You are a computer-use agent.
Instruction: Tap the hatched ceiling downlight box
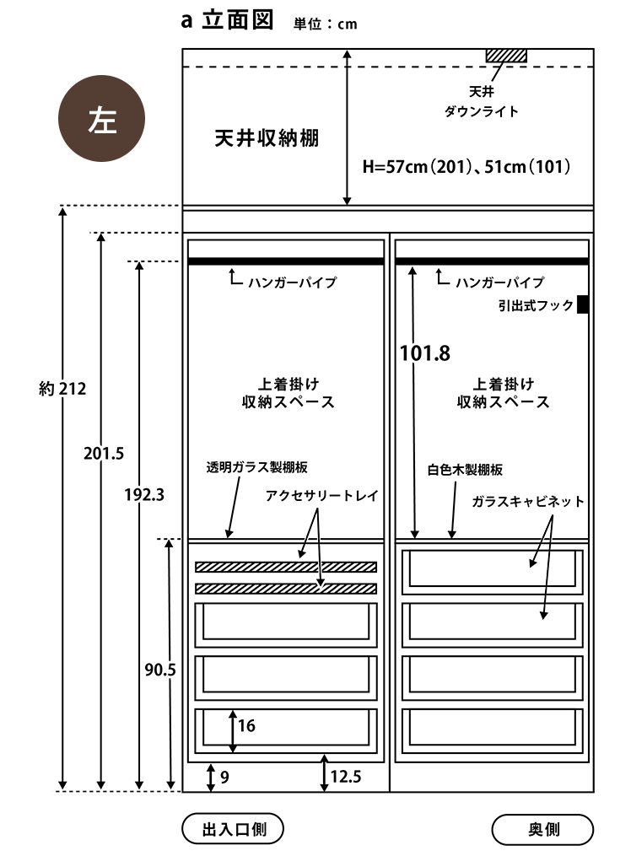[506, 56]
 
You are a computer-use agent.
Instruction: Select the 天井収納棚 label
[267, 139]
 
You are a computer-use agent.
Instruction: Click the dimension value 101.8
[425, 353]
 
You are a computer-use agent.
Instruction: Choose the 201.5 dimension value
[104, 453]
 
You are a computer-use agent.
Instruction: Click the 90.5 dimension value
[159, 670]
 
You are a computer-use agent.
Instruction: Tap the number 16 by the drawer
[246, 725]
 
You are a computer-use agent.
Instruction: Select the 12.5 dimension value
[346, 777]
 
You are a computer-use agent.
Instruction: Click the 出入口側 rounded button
[233, 829]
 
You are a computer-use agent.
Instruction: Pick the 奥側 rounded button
[542, 829]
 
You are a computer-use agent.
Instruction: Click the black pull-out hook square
[583, 304]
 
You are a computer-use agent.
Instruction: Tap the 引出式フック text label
[535, 305]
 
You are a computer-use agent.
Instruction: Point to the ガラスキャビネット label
[528, 501]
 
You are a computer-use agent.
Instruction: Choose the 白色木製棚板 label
[464, 470]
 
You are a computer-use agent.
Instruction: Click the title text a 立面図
[229, 21]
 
